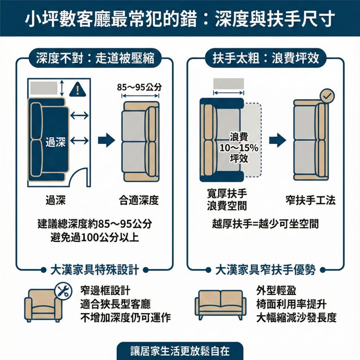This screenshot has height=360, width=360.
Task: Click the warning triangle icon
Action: (75, 89)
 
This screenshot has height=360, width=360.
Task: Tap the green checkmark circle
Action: (327, 96)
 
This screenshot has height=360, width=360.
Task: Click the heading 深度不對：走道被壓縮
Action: (95, 58)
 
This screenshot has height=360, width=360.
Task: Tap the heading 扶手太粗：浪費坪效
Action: (265, 58)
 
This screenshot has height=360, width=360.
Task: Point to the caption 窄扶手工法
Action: (310, 201)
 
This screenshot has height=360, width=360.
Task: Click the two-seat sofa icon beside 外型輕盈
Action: (220, 305)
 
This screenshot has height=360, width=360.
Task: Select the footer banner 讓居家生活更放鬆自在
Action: (180, 351)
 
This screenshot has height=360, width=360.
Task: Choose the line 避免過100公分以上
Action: (94, 237)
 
